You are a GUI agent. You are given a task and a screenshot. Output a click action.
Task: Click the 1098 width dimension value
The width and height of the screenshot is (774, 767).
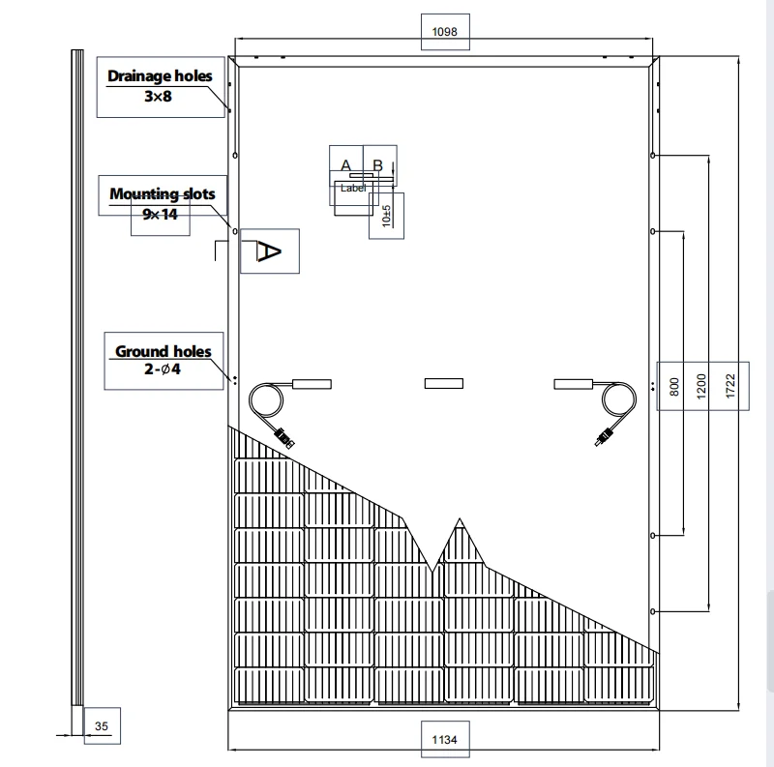tap(444, 32)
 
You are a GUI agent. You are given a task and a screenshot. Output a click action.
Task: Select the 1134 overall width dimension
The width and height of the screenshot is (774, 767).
tap(444, 739)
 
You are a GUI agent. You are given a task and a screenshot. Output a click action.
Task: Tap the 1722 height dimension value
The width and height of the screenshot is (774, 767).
tap(730, 386)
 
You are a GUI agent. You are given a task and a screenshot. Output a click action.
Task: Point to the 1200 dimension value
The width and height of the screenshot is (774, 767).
tap(700, 386)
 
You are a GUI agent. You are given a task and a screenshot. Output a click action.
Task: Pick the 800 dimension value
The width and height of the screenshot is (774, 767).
tap(674, 387)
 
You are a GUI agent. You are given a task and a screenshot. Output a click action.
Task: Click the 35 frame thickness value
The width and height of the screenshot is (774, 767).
tap(102, 726)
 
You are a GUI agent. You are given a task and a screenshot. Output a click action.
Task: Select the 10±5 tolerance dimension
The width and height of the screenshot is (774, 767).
tap(386, 217)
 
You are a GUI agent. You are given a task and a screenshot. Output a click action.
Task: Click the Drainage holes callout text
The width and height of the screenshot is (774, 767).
tap(160, 76)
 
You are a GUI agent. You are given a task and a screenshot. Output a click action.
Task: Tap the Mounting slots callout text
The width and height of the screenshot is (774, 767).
tap(163, 194)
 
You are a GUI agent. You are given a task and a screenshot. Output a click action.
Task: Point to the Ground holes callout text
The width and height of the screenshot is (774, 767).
tap(163, 351)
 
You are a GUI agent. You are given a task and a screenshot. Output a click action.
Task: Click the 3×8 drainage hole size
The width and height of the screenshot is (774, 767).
tap(158, 97)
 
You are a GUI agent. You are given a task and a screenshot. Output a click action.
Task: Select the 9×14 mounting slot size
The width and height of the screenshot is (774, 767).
tap(160, 214)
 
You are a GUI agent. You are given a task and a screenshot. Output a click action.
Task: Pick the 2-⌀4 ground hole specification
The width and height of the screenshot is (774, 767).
tap(163, 369)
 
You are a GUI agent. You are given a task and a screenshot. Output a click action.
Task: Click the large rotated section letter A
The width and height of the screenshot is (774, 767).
tap(269, 251)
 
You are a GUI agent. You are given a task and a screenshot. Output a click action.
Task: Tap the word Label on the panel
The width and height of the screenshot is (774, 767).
tap(353, 188)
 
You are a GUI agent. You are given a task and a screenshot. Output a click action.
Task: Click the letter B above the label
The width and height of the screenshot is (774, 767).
tap(377, 164)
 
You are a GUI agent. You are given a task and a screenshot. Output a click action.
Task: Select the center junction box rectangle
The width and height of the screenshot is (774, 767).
tap(444, 383)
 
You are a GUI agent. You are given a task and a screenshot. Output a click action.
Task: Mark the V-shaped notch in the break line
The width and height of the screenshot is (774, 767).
tap(432, 572)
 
